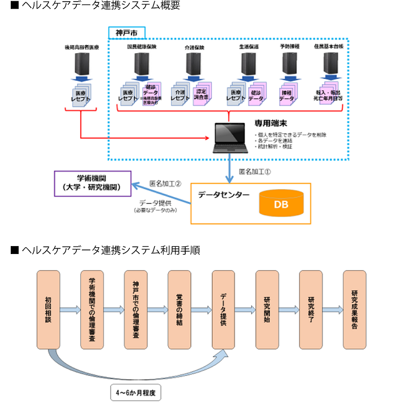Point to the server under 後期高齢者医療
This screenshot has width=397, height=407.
click(x=81, y=64)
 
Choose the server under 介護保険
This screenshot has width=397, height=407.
click(x=194, y=64)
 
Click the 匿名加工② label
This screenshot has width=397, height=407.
click(x=165, y=183)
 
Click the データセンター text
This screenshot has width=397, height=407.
click(x=223, y=195)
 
